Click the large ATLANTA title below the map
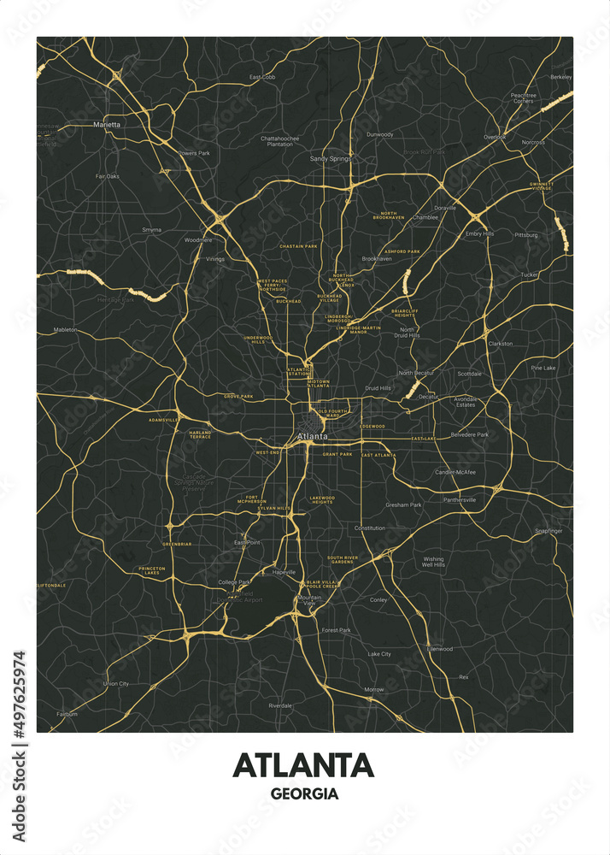[303, 764]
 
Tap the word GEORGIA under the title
[304, 793]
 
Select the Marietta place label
[107, 124]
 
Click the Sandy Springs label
[330, 159]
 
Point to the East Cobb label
[262, 77]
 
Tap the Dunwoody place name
[379, 134]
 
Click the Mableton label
[65, 329]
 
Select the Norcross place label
[532, 142]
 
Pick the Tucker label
[530, 274]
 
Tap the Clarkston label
[500, 344]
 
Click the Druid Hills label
[378, 387]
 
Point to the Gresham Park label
[403, 504]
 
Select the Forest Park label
[336, 630]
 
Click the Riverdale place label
[280, 705]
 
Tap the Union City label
[116, 683]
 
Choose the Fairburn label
[67, 714]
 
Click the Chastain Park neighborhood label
[298, 246]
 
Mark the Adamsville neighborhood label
[163, 421]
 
